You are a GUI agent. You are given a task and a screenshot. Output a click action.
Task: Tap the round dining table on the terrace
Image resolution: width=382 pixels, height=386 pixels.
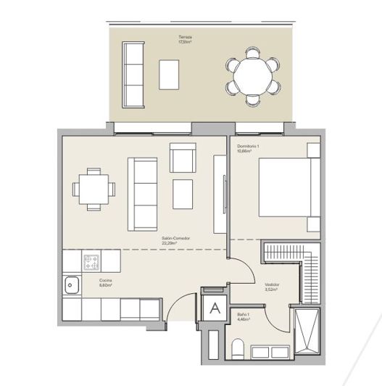click(x=252, y=74)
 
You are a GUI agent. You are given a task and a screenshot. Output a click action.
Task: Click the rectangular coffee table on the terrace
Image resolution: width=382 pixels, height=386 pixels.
click(x=170, y=74)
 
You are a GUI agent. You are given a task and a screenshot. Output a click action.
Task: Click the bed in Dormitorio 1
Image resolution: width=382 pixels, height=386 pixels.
click(x=288, y=186)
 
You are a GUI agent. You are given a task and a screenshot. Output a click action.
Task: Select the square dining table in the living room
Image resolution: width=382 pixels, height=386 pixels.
click(x=94, y=189)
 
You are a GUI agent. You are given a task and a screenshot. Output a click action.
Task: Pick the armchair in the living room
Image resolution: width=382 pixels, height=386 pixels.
click(x=183, y=157)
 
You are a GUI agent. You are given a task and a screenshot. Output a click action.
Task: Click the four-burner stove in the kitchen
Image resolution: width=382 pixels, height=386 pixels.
click(x=91, y=260)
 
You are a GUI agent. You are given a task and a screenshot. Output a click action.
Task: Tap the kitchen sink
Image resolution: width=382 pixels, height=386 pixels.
click(x=72, y=286)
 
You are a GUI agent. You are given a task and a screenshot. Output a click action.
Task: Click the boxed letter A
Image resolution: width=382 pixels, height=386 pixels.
click(x=215, y=308)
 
